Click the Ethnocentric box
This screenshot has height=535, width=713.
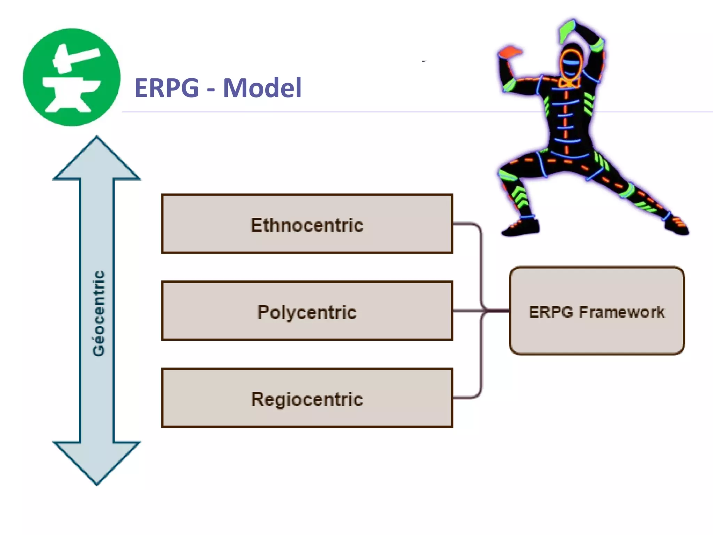[307, 224]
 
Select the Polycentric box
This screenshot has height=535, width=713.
[307, 311]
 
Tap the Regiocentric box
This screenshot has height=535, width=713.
[307, 398]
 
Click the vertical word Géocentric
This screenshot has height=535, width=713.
[99, 313]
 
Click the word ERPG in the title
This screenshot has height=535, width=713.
[166, 88]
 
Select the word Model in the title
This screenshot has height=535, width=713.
[262, 88]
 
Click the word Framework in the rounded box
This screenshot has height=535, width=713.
[621, 312]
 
